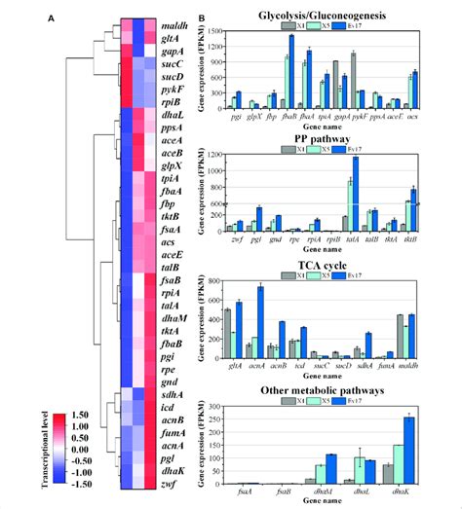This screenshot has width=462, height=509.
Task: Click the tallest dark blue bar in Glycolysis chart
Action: tap(290, 70)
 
